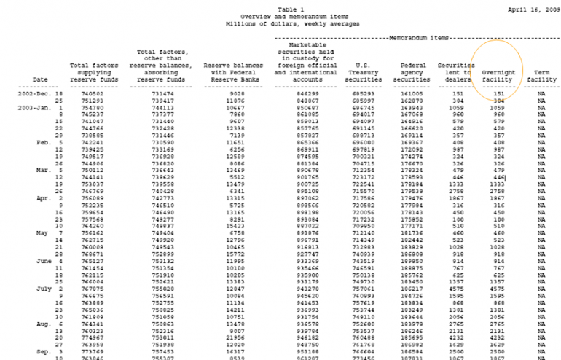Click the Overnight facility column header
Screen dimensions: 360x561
click(x=498, y=76)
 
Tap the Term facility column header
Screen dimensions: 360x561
click(x=541, y=76)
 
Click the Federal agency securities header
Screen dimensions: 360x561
click(x=412, y=71)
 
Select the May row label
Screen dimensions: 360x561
click(x=41, y=233)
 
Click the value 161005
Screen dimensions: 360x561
click(x=412, y=94)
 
